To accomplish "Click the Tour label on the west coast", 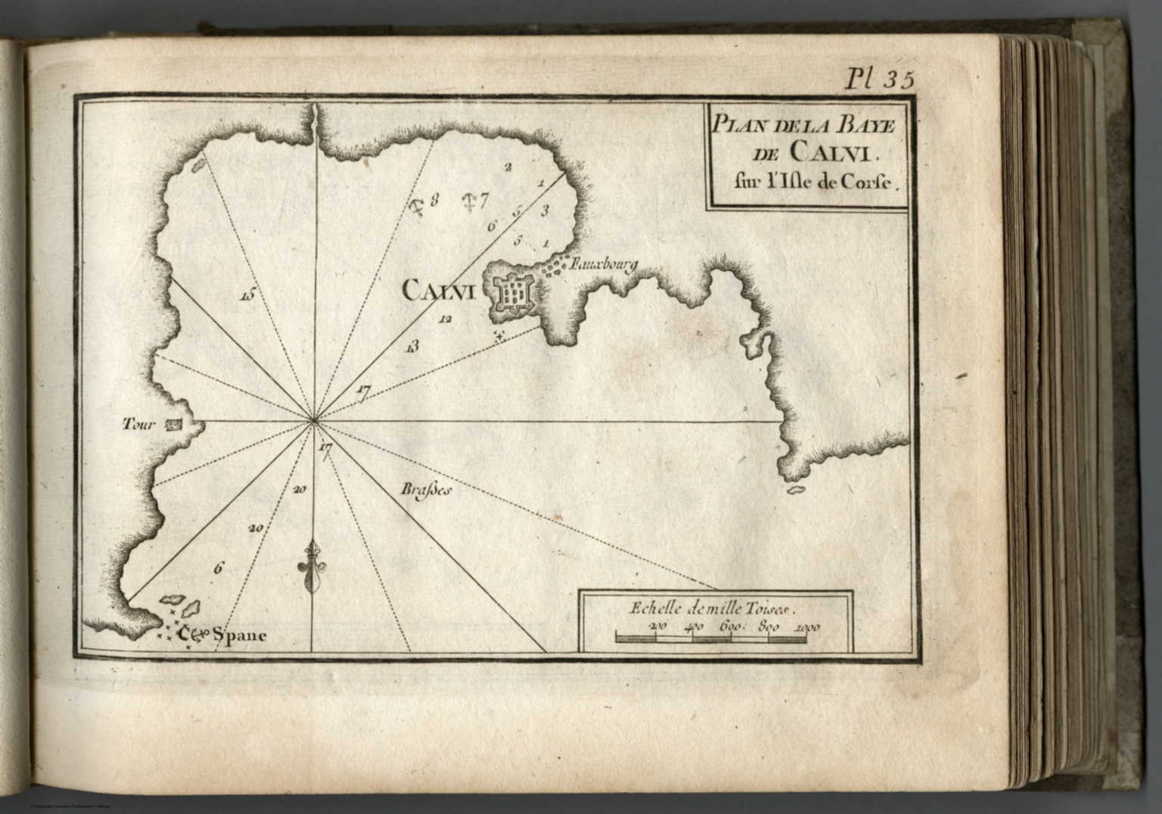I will click(139, 425).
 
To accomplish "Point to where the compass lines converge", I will click(313, 421).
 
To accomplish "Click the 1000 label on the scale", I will click(807, 627).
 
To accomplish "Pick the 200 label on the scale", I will click(657, 627).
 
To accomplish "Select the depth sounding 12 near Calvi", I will click(445, 319).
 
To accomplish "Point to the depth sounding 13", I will click(412, 347).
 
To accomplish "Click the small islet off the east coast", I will click(794, 490).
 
